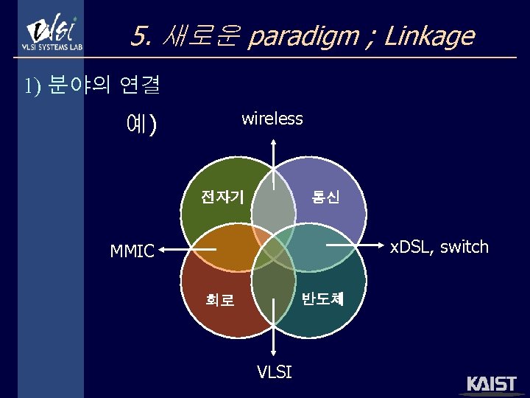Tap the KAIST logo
point(492,385)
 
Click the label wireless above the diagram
point(272,119)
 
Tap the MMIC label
point(132,251)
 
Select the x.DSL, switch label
point(439,247)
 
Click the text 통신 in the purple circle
point(325,198)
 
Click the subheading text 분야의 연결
point(103,86)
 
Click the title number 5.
point(141,35)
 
